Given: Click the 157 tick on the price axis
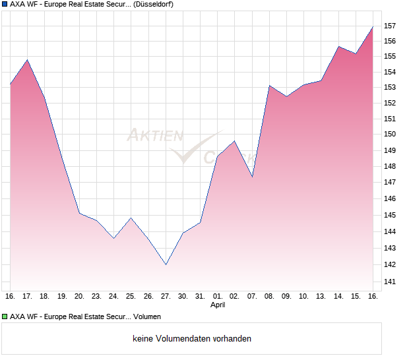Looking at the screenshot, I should (x=389, y=26).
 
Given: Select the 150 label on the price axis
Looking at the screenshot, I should (x=389, y=135).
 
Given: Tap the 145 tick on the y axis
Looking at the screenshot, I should (x=389, y=216).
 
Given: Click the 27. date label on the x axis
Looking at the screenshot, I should (x=166, y=296).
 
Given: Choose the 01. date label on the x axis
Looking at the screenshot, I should (x=217, y=296).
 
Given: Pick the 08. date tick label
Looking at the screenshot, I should (x=269, y=296).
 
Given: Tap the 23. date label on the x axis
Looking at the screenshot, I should (x=96, y=296).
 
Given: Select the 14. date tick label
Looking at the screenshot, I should (x=338, y=296).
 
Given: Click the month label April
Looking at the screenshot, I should (x=218, y=305).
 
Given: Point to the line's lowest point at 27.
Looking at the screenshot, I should (x=166, y=264).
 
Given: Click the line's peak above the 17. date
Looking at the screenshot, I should (x=27, y=60).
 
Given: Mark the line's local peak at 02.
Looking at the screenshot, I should (x=234, y=141).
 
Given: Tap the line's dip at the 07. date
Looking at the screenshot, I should (x=252, y=177).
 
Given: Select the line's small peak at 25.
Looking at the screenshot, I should (x=131, y=218).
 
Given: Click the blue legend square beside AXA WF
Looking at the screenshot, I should (x=5, y=4).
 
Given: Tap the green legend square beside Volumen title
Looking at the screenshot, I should (x=5, y=316).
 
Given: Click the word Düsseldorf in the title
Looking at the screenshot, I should (x=153, y=5).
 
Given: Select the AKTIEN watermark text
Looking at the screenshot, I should (x=154, y=136).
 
